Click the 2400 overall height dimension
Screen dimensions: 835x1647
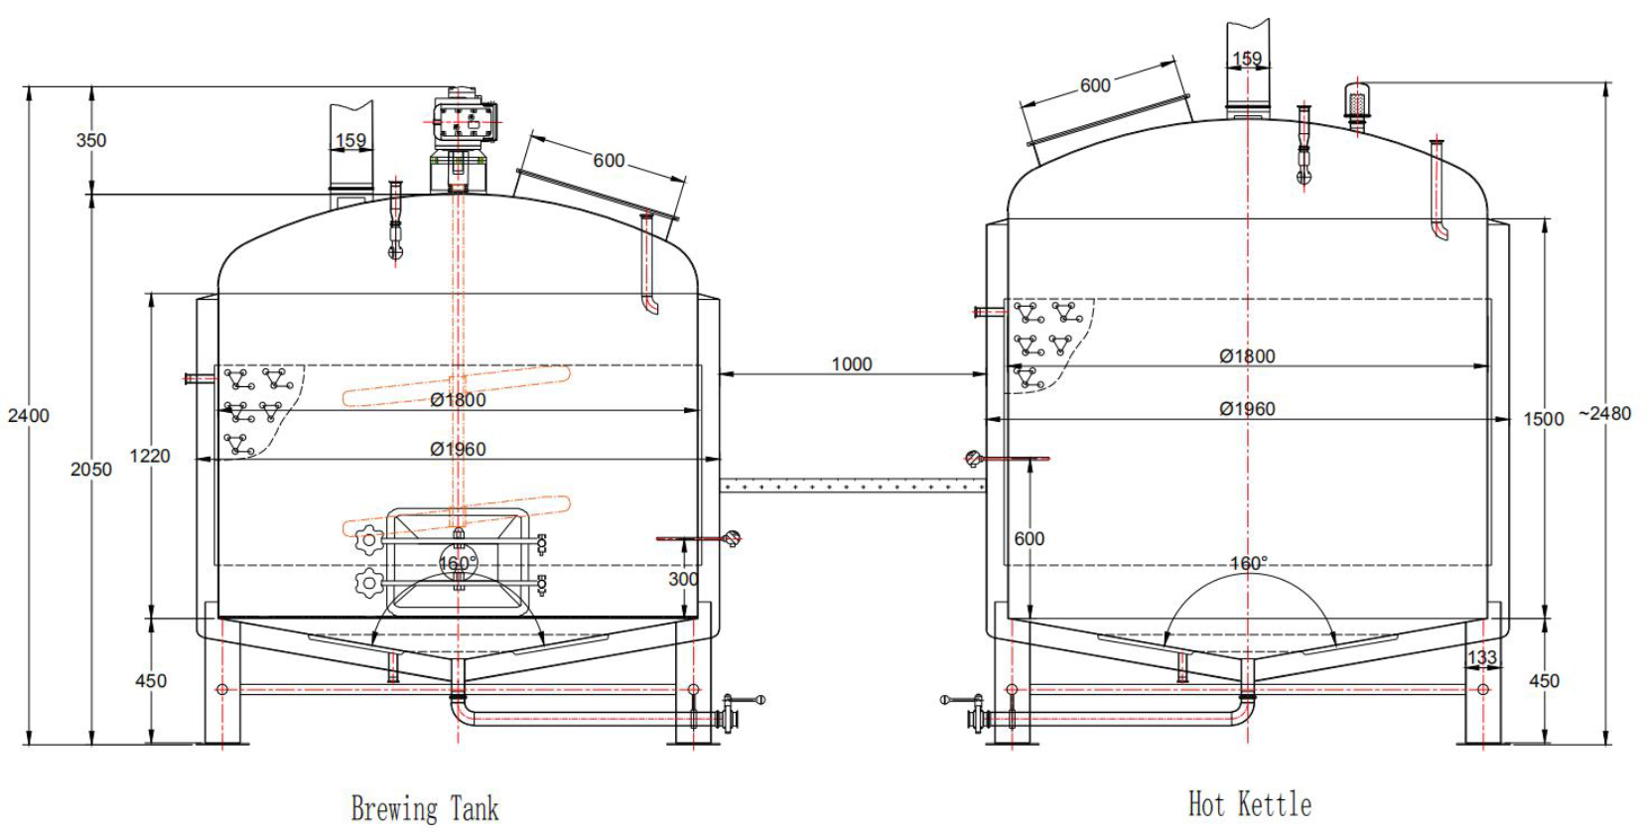[x=28, y=416]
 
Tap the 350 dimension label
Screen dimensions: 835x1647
[x=90, y=140]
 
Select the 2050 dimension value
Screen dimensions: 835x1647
[x=90, y=469]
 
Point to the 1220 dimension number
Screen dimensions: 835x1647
[x=150, y=456]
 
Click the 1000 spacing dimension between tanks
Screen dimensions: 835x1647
[x=851, y=364]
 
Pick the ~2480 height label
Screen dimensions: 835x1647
[x=1604, y=413]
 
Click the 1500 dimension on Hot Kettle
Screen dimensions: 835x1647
[x=1543, y=419]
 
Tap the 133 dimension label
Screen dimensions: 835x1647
[x=1481, y=657]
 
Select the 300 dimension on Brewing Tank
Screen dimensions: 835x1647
[x=683, y=579]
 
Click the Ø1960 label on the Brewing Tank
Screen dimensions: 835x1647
[x=458, y=449]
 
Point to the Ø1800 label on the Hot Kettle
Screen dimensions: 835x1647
[x=1247, y=355]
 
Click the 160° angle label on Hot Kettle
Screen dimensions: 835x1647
[x=1248, y=563]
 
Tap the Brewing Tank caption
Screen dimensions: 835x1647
[x=425, y=808]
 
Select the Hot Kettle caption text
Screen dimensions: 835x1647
[x=1249, y=804]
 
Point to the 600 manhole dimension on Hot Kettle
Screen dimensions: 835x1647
[x=1095, y=85]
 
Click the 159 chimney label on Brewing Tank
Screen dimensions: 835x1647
[x=350, y=140]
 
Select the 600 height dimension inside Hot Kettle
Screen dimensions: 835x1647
[x=1029, y=538]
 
